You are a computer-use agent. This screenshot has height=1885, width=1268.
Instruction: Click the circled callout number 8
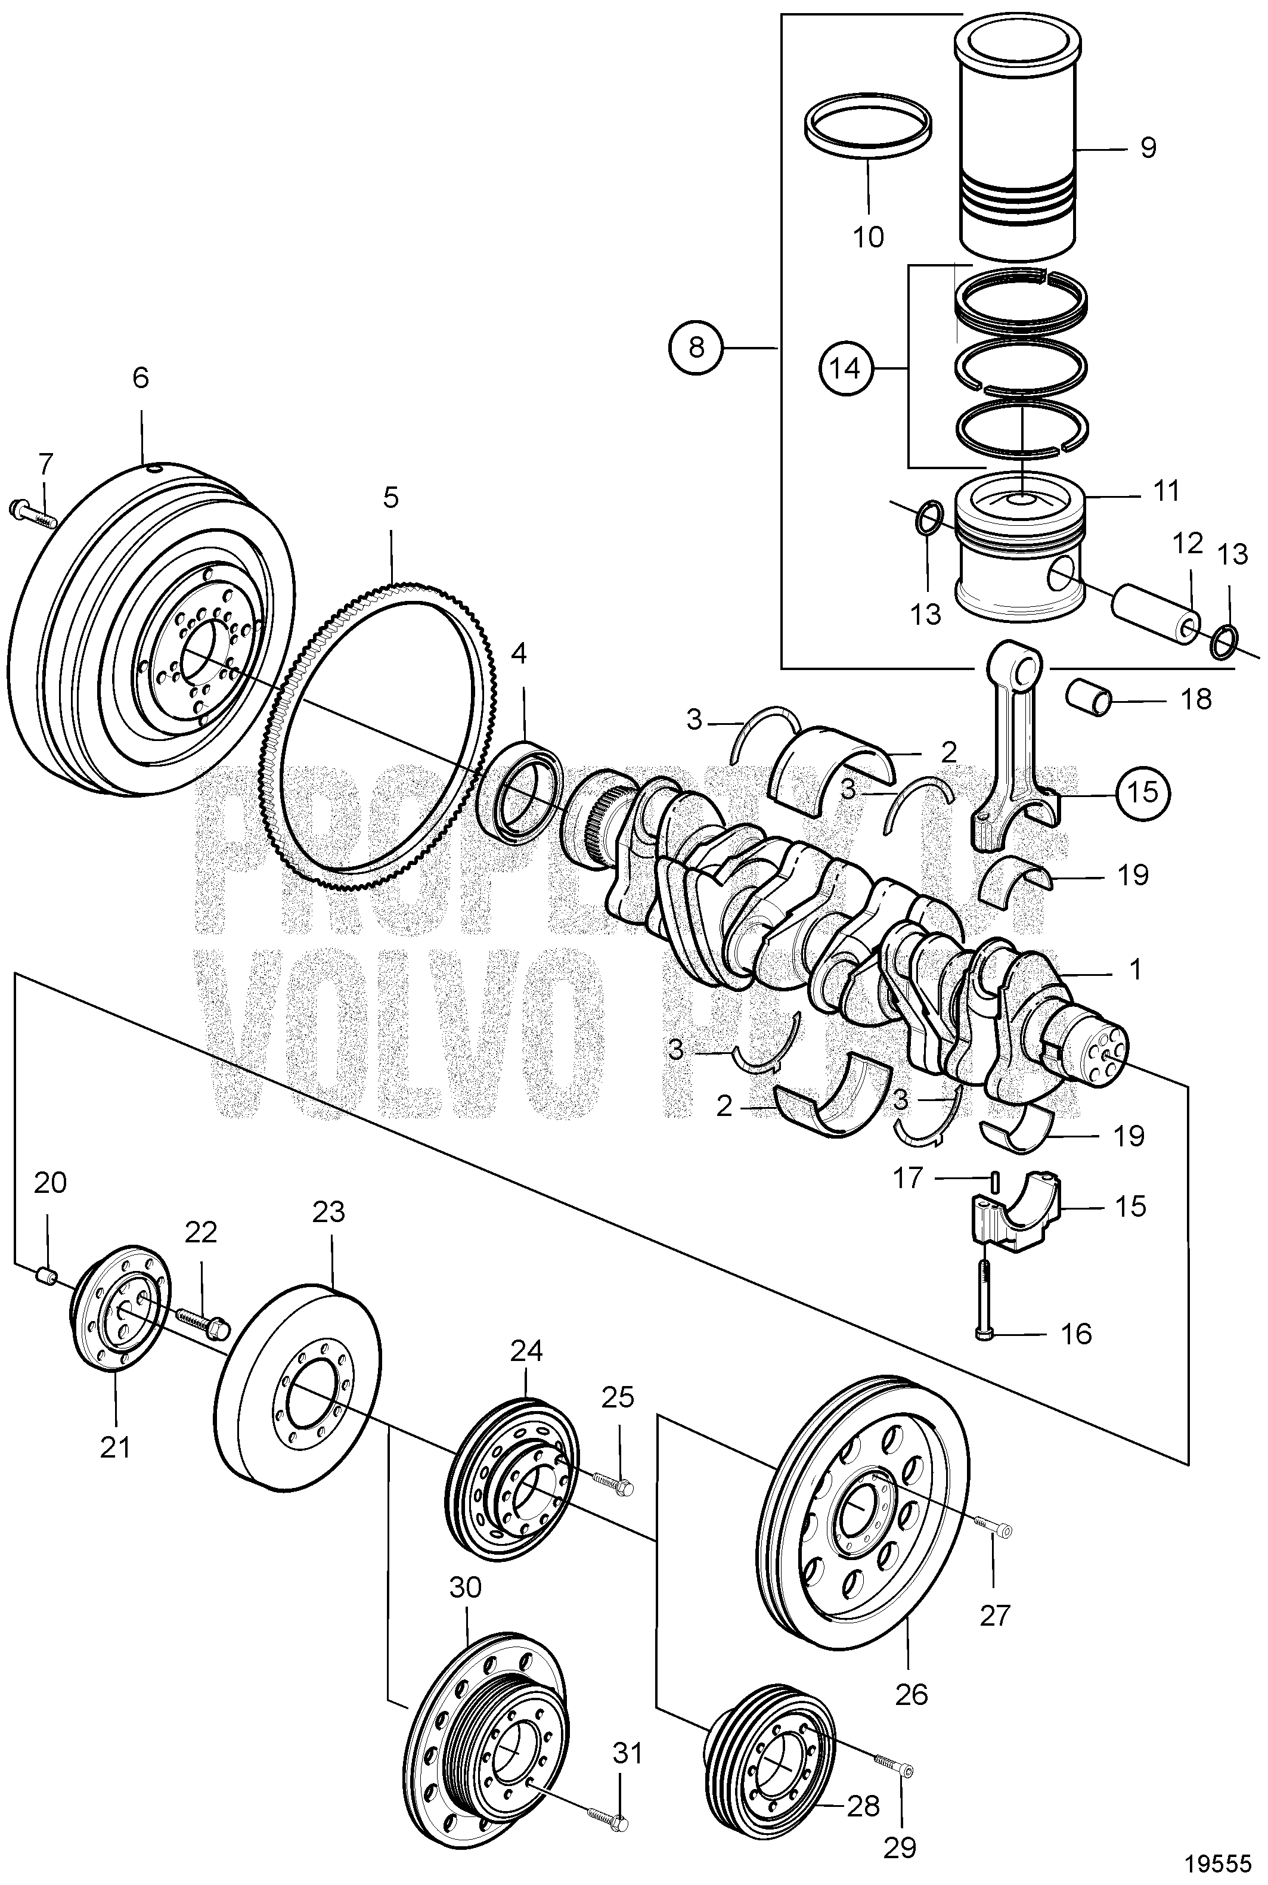click(696, 347)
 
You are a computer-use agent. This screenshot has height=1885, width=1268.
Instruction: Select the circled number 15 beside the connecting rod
click(1143, 792)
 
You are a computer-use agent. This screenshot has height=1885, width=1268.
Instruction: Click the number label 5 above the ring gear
click(390, 497)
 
